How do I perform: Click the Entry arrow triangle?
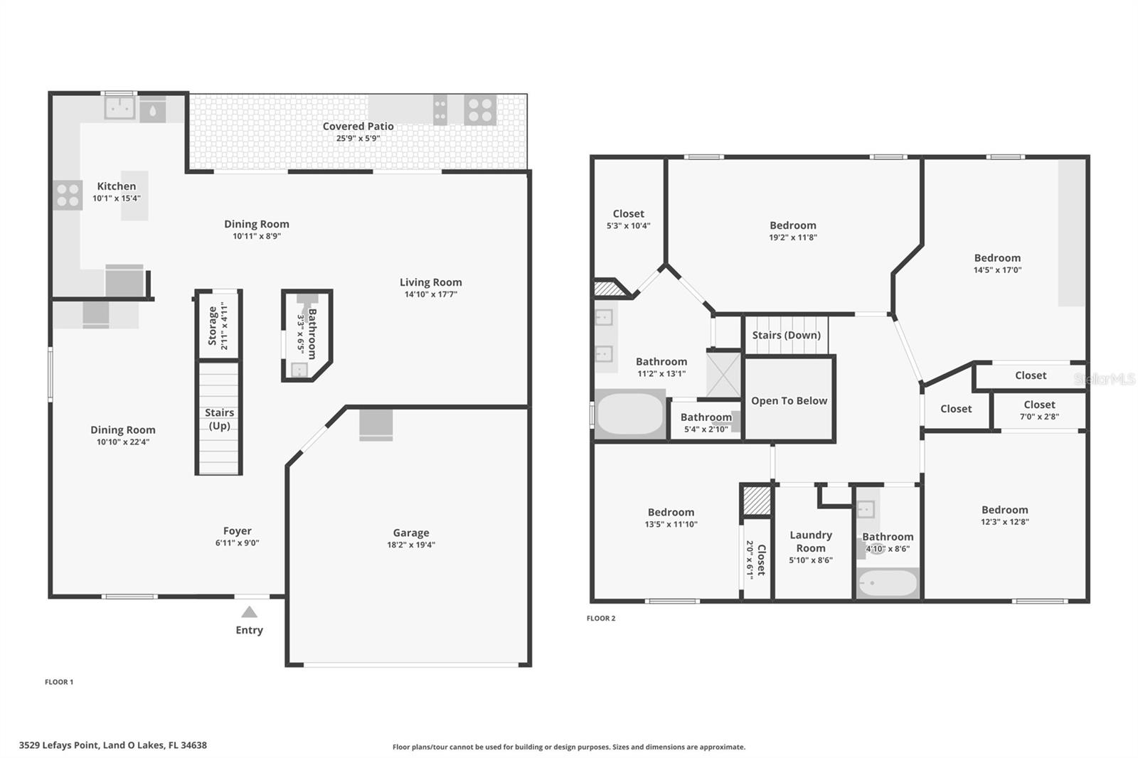[x=249, y=612]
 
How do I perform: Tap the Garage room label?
[x=411, y=533]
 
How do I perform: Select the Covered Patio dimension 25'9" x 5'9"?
[x=358, y=139]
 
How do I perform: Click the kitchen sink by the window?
[x=119, y=108]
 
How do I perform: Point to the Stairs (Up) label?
[x=219, y=419]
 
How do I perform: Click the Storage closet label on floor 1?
[x=213, y=326]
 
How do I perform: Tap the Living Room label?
[x=430, y=282]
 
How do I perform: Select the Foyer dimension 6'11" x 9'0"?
[x=237, y=543]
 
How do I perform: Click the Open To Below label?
[x=789, y=401]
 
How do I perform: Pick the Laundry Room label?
[x=810, y=541]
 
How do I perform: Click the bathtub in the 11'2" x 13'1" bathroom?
[x=629, y=414]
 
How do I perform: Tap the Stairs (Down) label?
[x=786, y=335]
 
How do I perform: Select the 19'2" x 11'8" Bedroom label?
[x=792, y=225]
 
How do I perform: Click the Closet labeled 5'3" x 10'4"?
[x=628, y=214]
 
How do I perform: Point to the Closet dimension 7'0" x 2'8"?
[x=1039, y=417]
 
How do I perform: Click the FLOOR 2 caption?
[x=600, y=618]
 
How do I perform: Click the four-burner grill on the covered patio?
[x=479, y=110]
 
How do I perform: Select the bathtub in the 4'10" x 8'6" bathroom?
[x=887, y=584]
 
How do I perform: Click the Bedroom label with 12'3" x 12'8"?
[x=1004, y=510]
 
